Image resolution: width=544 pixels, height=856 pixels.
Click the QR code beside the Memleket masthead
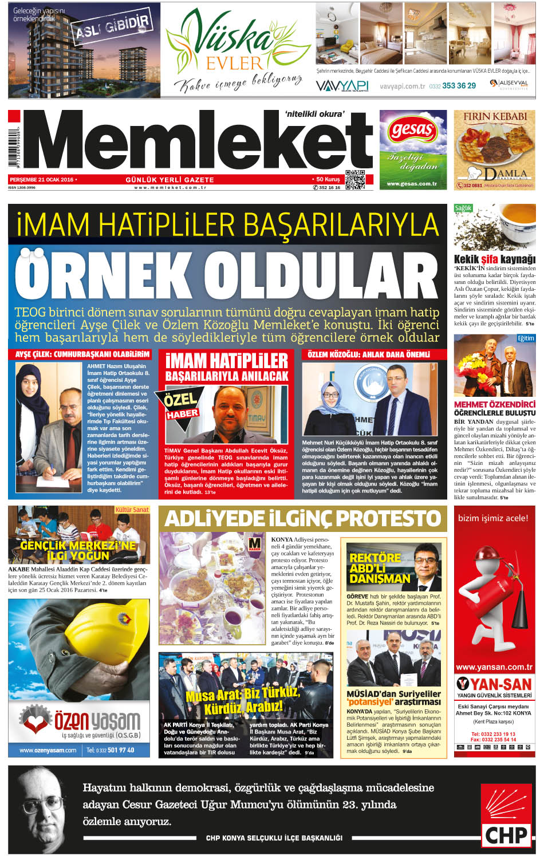point(355,180)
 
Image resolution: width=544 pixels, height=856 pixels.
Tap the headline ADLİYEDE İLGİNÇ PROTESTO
point(302,519)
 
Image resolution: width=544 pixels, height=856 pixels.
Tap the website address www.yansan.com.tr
point(494,667)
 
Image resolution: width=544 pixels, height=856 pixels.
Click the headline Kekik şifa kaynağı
point(494,259)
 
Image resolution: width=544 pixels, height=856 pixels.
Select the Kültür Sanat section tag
point(132,510)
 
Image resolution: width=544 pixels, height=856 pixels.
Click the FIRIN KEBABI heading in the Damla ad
point(495,116)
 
